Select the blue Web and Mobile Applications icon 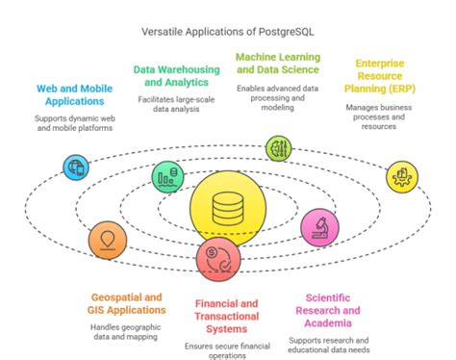tap(74, 167)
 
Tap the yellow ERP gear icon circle tap(401, 176)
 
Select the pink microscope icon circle tap(319, 227)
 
